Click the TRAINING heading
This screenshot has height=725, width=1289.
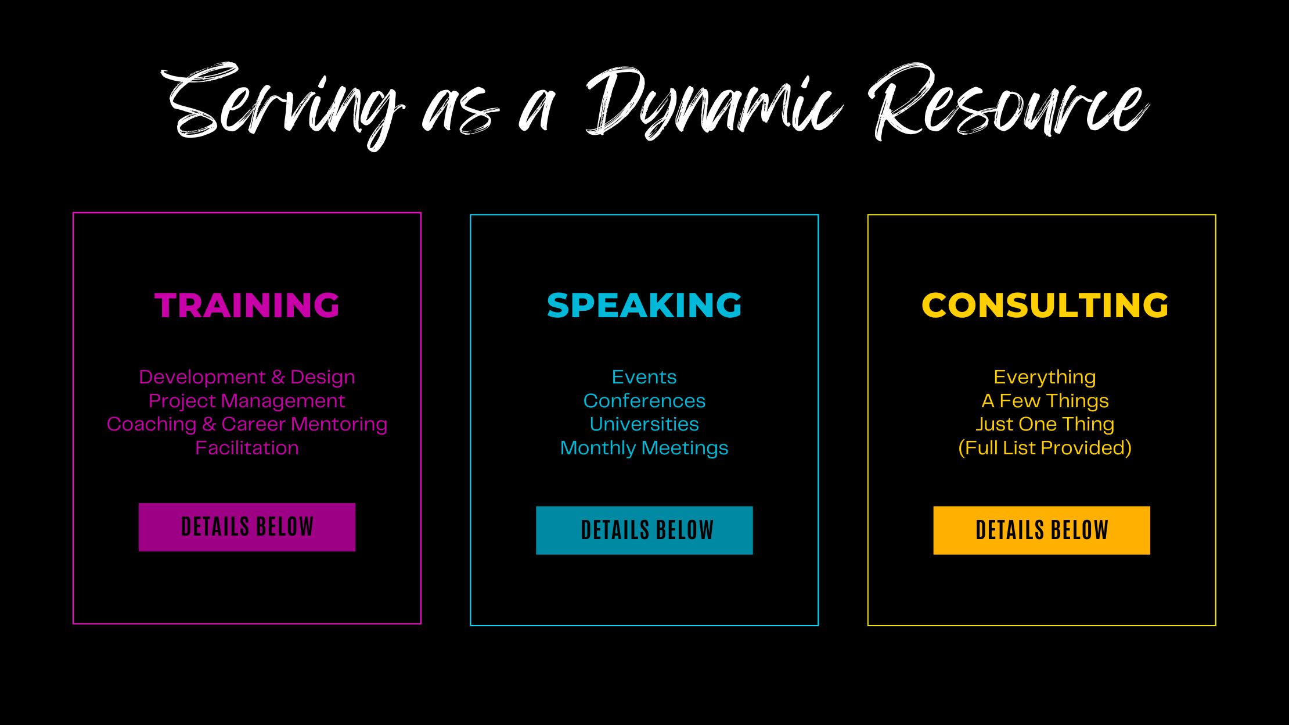(x=247, y=305)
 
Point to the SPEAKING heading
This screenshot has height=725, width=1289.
(x=644, y=305)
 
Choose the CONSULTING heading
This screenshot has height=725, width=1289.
(x=1045, y=305)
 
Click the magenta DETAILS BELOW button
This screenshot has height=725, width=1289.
(x=247, y=527)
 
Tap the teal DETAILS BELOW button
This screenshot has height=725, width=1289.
(x=644, y=530)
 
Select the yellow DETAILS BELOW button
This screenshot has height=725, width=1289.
(x=1042, y=530)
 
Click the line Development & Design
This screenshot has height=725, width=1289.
(x=247, y=377)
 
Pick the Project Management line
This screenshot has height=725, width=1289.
(x=247, y=401)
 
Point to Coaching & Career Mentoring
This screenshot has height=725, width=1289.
(x=247, y=424)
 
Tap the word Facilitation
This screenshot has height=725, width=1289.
(x=247, y=448)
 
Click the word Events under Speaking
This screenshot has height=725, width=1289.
(x=644, y=377)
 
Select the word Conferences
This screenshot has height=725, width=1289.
(x=644, y=401)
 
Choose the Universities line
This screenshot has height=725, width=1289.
(x=644, y=424)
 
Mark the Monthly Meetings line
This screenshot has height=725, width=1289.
(x=644, y=448)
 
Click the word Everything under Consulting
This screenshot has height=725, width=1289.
(x=1045, y=378)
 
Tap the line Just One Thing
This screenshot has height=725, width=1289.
(x=1045, y=424)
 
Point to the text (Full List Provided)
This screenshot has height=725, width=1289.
(x=1045, y=448)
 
